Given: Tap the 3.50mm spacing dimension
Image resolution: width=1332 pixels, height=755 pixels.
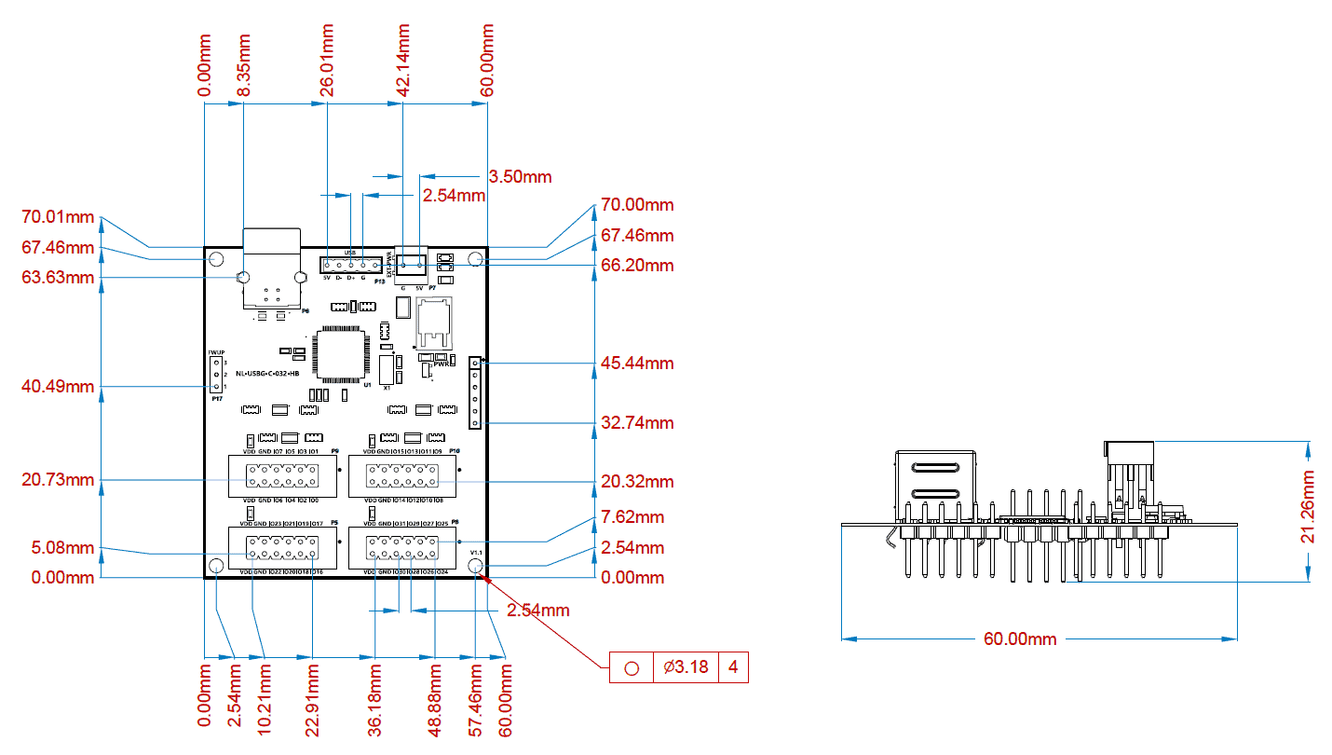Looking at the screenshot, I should tap(520, 176).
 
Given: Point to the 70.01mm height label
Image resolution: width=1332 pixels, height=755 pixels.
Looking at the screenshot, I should tap(58, 218).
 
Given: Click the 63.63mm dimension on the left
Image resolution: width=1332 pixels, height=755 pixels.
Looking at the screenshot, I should tap(58, 278).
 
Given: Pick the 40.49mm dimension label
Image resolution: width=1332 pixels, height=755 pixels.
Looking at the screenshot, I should tap(58, 386).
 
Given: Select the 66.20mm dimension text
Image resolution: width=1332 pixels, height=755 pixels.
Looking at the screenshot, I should tap(637, 266).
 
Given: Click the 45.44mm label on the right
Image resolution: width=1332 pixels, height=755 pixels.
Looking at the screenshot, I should tap(637, 364).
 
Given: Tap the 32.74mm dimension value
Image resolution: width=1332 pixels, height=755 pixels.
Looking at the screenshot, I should tap(637, 422).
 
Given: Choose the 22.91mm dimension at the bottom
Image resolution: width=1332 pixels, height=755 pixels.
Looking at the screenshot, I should tap(313, 700).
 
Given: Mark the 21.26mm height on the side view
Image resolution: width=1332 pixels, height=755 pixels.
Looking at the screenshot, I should tap(1309, 507).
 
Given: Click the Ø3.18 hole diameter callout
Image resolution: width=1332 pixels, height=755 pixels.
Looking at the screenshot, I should tap(686, 667).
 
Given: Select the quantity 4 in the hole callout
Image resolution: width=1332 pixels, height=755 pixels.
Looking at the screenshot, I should tap(734, 667).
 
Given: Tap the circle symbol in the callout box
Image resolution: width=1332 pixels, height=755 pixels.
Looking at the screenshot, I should tap(632, 667).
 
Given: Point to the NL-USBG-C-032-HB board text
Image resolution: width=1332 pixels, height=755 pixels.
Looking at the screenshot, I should tap(267, 373).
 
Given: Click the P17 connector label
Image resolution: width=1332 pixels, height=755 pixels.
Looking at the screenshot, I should tap(217, 399).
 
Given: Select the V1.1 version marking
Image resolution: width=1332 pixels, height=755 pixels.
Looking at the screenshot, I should tap(476, 553).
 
